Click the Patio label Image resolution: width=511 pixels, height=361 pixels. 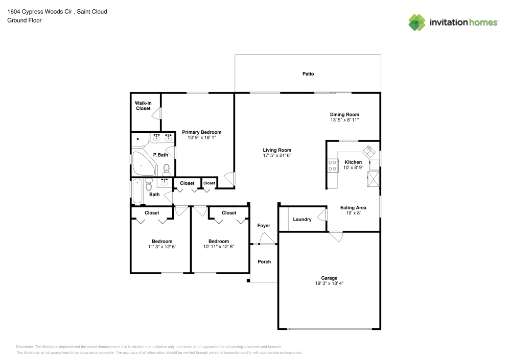(x=308, y=74)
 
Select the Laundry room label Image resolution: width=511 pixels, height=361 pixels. (x=302, y=220)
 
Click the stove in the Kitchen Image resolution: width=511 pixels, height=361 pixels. (x=332, y=165)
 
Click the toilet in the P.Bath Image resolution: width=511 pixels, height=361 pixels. (x=166, y=168)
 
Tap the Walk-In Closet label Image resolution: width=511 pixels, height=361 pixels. (x=143, y=106)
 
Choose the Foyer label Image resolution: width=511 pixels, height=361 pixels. (x=264, y=226)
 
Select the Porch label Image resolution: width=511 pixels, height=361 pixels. (x=264, y=262)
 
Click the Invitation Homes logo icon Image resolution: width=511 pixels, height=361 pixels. (x=417, y=22)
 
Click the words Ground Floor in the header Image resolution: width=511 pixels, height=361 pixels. (x=25, y=20)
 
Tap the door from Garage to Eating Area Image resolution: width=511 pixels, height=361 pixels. (x=336, y=236)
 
